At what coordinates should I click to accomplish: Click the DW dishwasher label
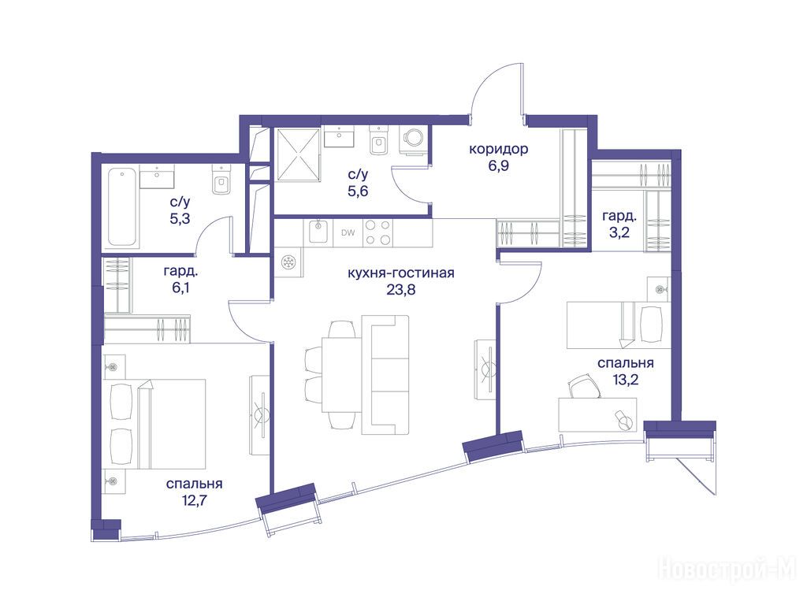[348, 232]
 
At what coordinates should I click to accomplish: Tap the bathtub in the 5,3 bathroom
[123, 207]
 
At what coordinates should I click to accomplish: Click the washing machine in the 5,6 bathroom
[413, 140]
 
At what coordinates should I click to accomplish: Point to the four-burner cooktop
[377, 232]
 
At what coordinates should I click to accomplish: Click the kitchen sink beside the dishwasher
[318, 232]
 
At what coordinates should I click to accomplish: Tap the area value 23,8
[401, 290]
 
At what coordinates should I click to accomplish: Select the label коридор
[498, 149]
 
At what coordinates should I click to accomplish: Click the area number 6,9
[498, 166]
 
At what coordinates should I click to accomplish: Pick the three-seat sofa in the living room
[385, 375]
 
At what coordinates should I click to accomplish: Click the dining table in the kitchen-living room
[340, 374]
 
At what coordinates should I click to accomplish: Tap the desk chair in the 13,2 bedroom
[586, 386]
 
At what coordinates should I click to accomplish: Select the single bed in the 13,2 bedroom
[619, 325]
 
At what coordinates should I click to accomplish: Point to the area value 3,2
[619, 232]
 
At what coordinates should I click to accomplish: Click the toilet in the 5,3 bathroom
[221, 183]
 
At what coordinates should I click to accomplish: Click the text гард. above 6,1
[180, 271]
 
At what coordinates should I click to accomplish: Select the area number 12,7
[194, 500]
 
